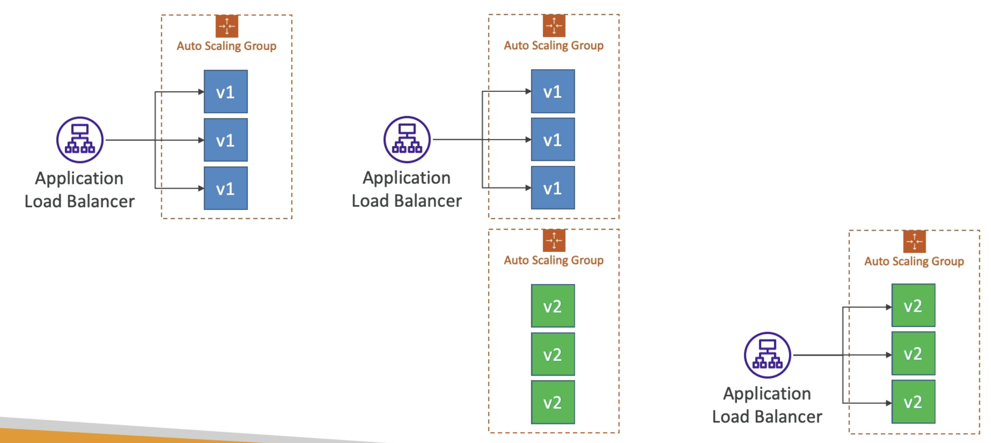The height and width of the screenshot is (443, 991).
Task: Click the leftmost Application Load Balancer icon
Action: (x=80, y=140)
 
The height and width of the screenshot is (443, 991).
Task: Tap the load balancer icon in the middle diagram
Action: (x=407, y=140)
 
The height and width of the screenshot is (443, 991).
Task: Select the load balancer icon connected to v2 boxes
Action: (x=767, y=355)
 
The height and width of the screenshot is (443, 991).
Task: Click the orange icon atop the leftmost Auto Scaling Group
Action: (x=227, y=26)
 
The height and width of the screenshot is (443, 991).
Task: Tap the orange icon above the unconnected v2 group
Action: (x=554, y=240)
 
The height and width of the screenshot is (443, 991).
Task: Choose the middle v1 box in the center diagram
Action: (x=553, y=140)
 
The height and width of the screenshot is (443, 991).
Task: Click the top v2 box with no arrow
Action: (x=553, y=306)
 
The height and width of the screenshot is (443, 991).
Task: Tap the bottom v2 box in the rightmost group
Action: (x=913, y=402)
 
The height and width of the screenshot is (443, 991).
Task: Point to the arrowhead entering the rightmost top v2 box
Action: (x=889, y=307)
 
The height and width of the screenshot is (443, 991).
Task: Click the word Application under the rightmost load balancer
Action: (x=767, y=394)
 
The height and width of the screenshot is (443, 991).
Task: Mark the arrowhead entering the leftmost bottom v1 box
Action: (x=201, y=188)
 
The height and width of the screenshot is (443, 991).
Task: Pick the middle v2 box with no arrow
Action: (x=553, y=354)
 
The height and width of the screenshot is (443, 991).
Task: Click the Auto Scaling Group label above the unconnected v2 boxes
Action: (x=553, y=260)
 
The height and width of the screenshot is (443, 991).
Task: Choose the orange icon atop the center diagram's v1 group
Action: (x=554, y=26)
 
